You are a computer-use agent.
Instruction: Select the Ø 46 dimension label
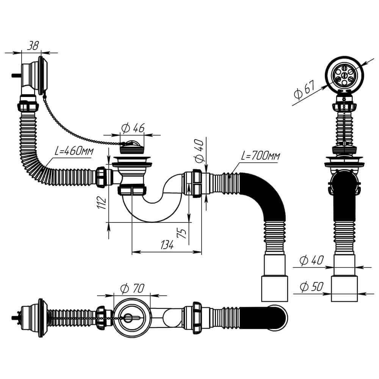(x=132, y=128)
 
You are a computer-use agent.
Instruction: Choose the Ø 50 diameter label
(x=311, y=287)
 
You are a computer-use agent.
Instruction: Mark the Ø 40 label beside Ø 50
(x=311, y=261)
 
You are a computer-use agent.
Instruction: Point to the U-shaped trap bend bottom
(x=146, y=212)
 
